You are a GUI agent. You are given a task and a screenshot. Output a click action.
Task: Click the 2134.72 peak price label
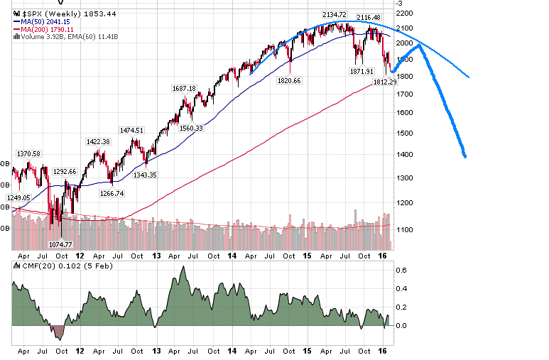(x=334, y=14)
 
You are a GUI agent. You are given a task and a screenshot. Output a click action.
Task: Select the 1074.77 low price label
(x=62, y=244)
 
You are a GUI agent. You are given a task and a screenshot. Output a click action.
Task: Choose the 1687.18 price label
(x=184, y=88)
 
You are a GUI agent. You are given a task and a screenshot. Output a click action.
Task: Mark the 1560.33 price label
(x=190, y=129)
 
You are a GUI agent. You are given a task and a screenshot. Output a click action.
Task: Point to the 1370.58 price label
(x=28, y=153)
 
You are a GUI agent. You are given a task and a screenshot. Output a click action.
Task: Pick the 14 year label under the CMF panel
(x=232, y=350)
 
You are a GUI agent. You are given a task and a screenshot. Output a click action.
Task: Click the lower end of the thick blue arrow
(x=464, y=156)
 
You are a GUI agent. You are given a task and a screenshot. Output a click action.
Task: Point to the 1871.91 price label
(x=362, y=71)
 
